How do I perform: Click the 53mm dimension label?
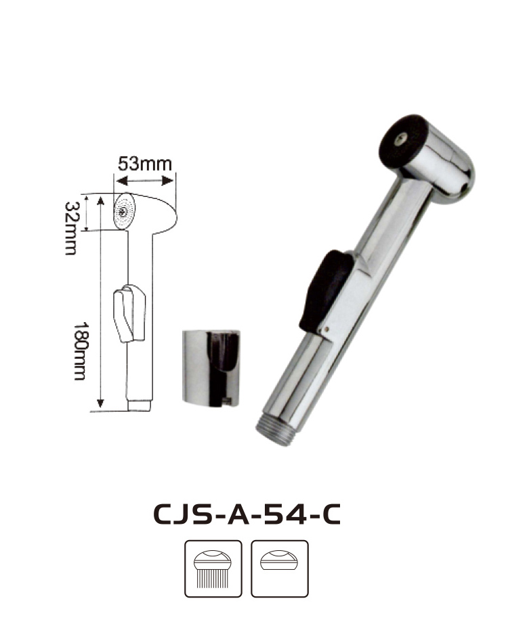[145, 164]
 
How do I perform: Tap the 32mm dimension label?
[71, 228]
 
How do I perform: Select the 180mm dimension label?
[79, 351]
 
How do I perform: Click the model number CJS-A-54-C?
[247, 514]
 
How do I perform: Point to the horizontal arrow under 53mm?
[145, 181]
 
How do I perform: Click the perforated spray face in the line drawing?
[125, 211]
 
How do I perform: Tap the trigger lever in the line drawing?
[129, 313]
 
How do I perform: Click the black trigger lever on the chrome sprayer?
[326, 290]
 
